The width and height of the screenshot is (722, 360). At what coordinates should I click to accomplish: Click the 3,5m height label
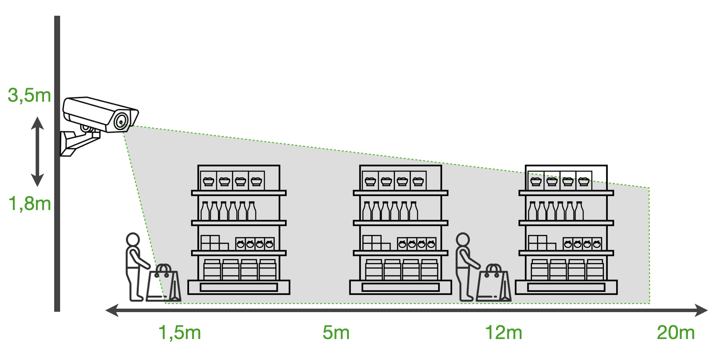coord(29,95)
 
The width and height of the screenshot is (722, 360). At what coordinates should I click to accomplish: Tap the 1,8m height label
coord(29,204)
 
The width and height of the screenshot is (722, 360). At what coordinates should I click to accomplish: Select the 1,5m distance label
coord(180,332)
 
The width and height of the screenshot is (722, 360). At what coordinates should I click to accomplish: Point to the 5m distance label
coord(336,332)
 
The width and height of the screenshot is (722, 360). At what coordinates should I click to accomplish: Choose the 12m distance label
coord(503,332)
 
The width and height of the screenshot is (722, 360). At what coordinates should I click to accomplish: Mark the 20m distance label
coord(676,332)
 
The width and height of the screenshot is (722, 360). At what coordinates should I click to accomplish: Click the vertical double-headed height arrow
coord(37,151)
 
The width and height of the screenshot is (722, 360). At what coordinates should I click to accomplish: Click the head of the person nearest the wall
coord(133,240)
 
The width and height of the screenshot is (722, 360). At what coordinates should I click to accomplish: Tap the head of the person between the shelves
coord(463,240)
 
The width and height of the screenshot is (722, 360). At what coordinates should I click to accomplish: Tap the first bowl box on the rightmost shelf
coord(536,181)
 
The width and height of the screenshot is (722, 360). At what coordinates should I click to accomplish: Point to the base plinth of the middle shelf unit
coord(400,287)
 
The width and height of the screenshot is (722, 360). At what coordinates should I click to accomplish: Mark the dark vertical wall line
coord(57,210)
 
